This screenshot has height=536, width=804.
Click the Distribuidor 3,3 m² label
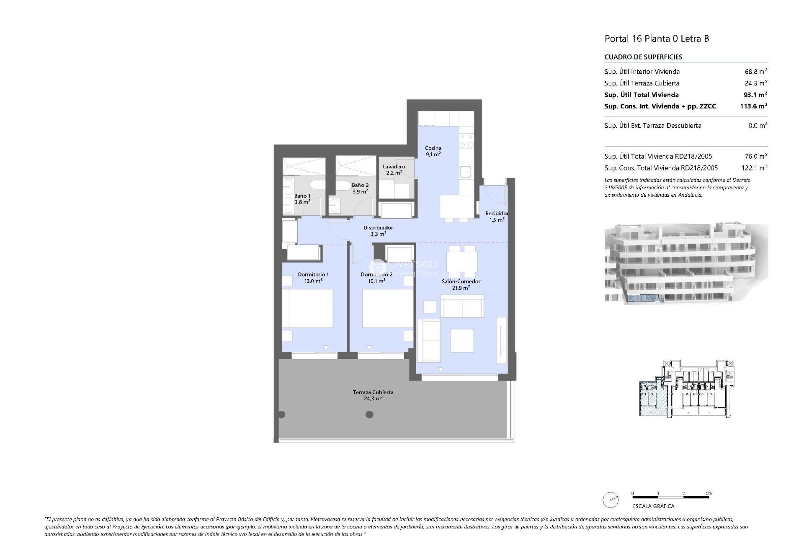378,231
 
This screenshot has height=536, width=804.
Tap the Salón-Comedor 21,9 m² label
461,285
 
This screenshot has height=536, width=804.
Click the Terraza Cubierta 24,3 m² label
373,395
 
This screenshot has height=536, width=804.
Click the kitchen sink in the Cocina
465,171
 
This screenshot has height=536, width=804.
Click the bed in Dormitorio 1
308,309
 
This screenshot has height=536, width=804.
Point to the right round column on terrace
369,415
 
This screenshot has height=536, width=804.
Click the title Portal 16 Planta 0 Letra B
657,39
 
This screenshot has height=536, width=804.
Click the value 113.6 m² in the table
753,106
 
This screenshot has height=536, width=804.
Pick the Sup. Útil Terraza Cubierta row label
642,83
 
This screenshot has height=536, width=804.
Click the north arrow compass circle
611,500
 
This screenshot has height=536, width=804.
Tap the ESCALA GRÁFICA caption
653,506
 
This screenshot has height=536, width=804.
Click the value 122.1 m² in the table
755,168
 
